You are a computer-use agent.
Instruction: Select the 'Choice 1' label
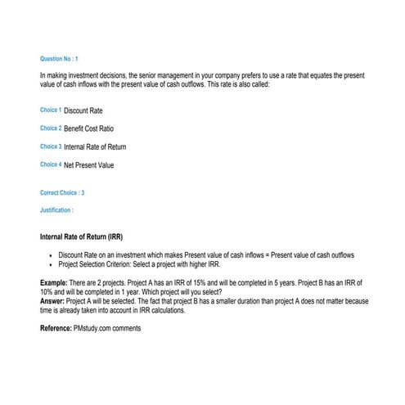[51, 110]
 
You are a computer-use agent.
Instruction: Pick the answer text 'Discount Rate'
[83, 110]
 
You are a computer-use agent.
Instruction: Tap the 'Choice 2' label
[51, 128]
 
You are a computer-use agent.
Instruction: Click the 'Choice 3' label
[51, 146]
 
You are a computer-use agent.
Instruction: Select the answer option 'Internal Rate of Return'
[95, 147]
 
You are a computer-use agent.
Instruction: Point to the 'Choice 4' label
[51, 164]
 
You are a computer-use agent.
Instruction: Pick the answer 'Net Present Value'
[89, 165]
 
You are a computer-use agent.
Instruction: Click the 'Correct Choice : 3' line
[62, 193]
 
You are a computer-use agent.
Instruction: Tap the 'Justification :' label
[56, 210]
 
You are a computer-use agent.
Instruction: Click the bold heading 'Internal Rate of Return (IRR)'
[82, 237]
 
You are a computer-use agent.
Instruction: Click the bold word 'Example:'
[54, 282]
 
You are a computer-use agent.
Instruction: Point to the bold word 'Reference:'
[56, 328]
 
